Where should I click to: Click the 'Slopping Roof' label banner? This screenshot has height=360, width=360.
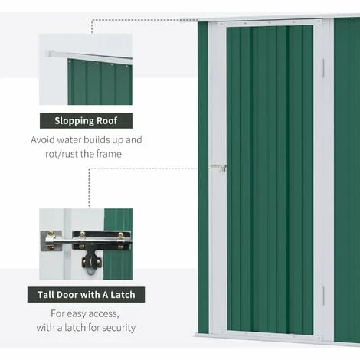pyautogui.click(x=86, y=120)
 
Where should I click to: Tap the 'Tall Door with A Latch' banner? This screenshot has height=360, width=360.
pyautogui.click(x=86, y=295)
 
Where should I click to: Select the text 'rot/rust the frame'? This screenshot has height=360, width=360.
pyautogui.click(x=83, y=154)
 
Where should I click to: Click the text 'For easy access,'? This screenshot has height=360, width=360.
pyautogui.click(x=85, y=314)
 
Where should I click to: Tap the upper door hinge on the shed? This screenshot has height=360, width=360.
pyautogui.click(x=323, y=68)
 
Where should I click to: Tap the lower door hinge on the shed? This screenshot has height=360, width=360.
pyautogui.click(x=323, y=296)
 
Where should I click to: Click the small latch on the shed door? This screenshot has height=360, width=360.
pyautogui.click(x=218, y=168)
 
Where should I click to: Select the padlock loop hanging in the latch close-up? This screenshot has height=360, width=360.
pyautogui.click(x=91, y=264)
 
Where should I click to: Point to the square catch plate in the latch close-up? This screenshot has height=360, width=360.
pyautogui.click(x=51, y=241)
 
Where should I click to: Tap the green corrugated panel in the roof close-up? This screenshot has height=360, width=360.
pyautogui.click(x=100, y=82)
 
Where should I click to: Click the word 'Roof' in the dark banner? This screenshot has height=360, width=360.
pyautogui.click(x=106, y=120)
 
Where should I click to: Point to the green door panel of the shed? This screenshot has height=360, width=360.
pyautogui.click(x=270, y=179)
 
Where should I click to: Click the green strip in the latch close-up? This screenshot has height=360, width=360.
pyautogui.click(x=118, y=244)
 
